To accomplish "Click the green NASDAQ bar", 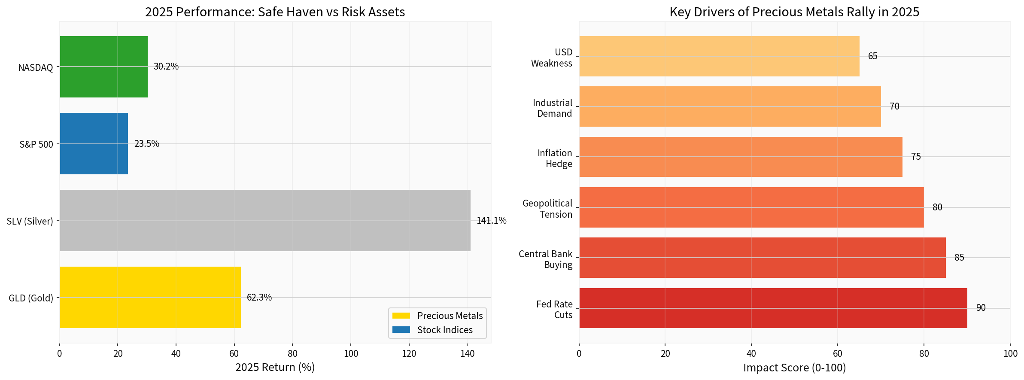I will coord(103,67).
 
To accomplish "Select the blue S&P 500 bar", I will coord(94,143).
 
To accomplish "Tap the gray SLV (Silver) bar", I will coord(265,220).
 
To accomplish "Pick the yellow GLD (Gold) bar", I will coord(150,297).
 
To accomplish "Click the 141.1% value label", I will coord(491,221).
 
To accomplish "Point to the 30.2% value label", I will coord(166,67).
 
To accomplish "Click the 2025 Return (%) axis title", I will coord(275,368).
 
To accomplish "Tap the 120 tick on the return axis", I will coord(409,354).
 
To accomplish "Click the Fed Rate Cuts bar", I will coord(773,308).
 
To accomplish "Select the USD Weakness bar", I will coord(719,56).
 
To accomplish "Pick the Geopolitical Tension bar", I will coord(751,207).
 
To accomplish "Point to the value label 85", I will coord(959,258).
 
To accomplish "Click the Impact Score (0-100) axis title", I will coord(794,368).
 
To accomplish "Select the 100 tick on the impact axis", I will coord(1010,354).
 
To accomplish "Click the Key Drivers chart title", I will coord(794,12).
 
